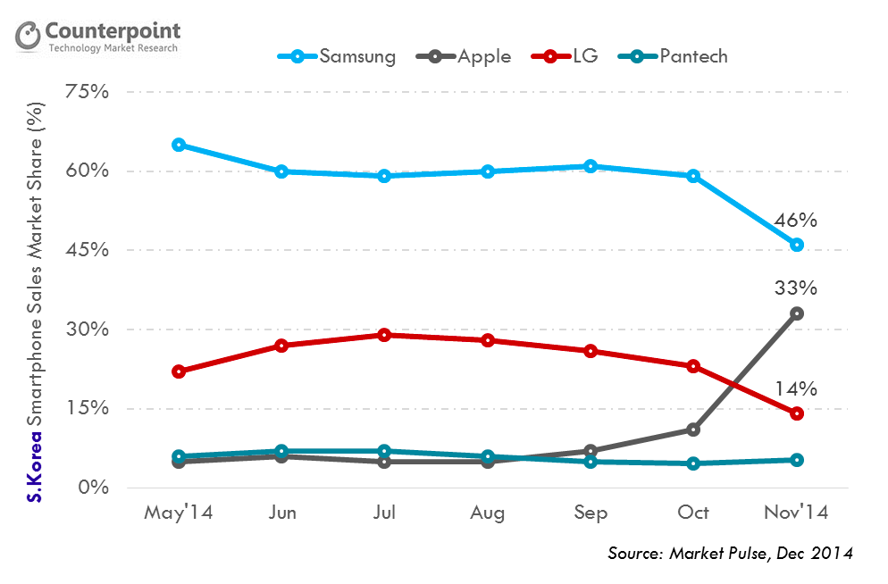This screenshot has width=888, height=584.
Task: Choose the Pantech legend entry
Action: [x=680, y=56]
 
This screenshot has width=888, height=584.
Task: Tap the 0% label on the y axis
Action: [x=93, y=488]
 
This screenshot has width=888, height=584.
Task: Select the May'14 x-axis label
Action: [x=179, y=513]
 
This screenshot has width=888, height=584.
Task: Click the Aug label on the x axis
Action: [x=488, y=513]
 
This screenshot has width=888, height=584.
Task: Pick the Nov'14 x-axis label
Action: [x=797, y=513]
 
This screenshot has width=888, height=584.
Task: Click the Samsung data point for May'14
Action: [x=179, y=145]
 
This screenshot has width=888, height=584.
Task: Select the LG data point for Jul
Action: [x=384, y=335]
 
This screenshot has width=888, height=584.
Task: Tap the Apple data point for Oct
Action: [x=693, y=430]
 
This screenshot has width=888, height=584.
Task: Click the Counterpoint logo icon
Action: [x=29, y=37]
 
